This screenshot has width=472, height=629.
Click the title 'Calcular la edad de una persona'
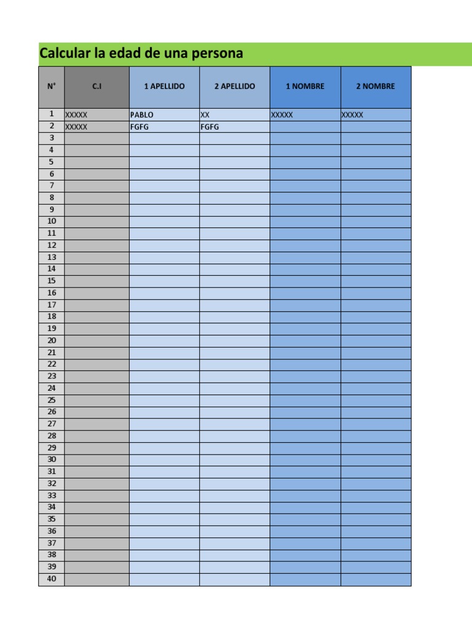pyautogui.click(x=141, y=54)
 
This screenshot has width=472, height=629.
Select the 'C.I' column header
pyautogui.click(x=96, y=87)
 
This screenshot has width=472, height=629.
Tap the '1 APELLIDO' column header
pyautogui.click(x=164, y=87)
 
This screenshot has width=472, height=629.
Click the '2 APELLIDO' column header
pyautogui.click(x=234, y=87)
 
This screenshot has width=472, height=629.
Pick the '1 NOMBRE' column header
pyautogui.click(x=305, y=87)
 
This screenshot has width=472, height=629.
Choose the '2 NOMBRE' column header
pyautogui.click(x=376, y=87)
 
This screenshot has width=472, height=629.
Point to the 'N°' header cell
pyautogui.click(x=52, y=87)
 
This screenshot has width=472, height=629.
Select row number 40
pyautogui.click(x=52, y=579)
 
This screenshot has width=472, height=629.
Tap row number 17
pyautogui.click(x=52, y=305)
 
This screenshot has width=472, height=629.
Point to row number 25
pyautogui.click(x=52, y=400)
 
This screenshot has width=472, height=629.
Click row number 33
pyautogui.click(x=52, y=495)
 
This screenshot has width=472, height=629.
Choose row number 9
pyautogui.click(x=52, y=209)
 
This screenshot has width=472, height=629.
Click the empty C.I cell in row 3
pyautogui.click(x=96, y=138)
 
